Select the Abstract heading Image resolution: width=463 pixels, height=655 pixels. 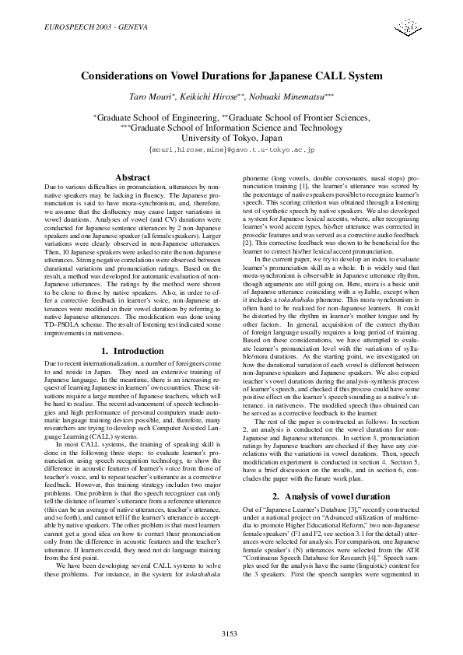(x=132, y=178)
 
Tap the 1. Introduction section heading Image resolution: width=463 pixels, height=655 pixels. (x=132, y=351)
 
